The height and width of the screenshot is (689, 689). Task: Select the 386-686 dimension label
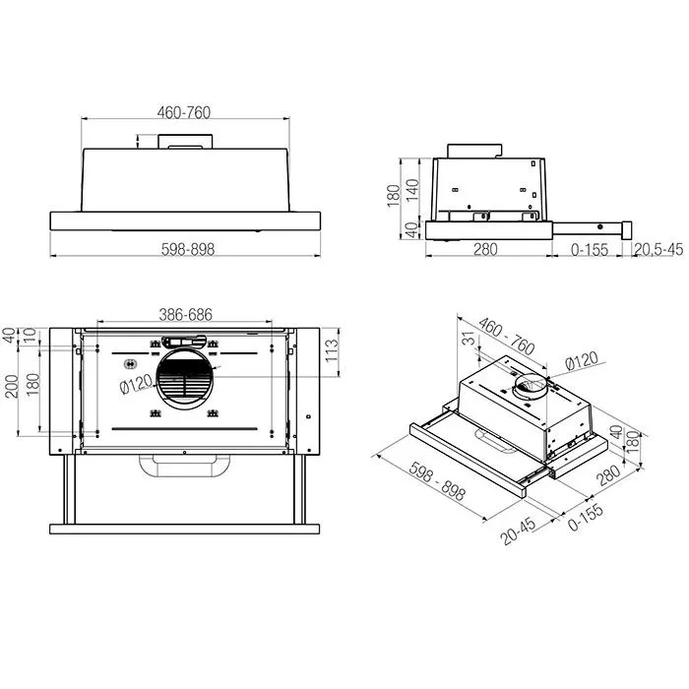pos(187,315)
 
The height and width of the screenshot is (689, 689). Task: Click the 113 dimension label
pos(332,348)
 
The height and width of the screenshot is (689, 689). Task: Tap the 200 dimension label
pos(12,386)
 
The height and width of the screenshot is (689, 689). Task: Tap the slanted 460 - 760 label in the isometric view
pos(508,336)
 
